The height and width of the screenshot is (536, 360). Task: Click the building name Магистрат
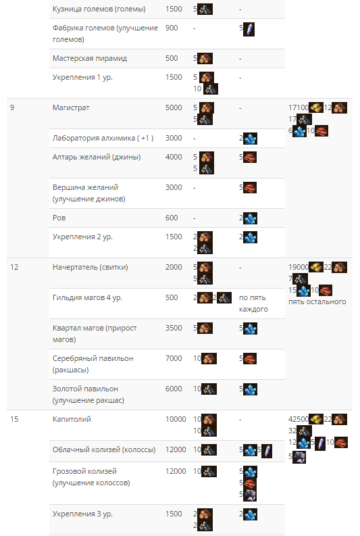coord(71,107)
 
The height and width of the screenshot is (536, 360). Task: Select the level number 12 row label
coord(14,267)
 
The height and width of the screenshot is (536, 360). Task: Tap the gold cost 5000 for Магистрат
coord(174,107)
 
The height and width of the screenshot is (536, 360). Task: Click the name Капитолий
coord(72,419)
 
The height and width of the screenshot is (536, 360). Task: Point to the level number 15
coord(14,419)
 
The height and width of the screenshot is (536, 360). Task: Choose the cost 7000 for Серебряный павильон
coord(174,358)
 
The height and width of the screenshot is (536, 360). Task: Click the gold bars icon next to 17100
coord(316,107)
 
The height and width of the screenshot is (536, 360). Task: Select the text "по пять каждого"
coord(253,303)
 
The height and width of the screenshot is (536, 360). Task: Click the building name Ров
coord(59,218)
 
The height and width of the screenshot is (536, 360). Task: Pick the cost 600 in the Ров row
coord(172,218)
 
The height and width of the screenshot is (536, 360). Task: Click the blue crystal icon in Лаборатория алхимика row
coord(251,139)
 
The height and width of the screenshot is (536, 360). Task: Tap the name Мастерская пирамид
coord(89,58)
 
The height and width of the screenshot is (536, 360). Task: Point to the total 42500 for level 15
coord(298,419)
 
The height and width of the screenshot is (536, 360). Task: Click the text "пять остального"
coord(317,302)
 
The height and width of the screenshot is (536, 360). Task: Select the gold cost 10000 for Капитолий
coord(176,419)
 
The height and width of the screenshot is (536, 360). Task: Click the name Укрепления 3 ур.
coord(82,514)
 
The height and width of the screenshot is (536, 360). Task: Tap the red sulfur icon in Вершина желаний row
coord(250,188)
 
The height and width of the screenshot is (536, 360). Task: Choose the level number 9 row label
coord(12,107)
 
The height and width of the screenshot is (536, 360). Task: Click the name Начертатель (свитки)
coord(91,267)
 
